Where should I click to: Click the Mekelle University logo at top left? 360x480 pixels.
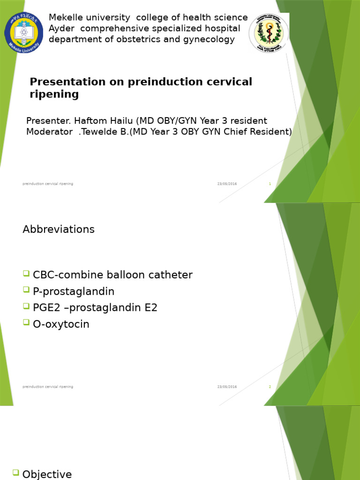click(23, 32)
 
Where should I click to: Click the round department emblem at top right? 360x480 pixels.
click(269, 33)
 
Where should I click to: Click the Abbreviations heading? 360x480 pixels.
click(59, 229)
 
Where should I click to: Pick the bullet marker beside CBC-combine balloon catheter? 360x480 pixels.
click(26, 274)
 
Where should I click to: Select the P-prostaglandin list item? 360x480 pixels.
click(74, 292)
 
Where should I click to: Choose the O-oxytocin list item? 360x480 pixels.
click(61, 324)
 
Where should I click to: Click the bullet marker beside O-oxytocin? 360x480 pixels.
click(26, 323)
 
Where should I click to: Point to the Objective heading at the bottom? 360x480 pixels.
click(47, 474)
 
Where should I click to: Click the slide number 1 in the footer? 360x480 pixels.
click(270, 184)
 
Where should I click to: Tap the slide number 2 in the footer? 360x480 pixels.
click(270, 387)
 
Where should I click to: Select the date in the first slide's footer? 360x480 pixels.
click(227, 184)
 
